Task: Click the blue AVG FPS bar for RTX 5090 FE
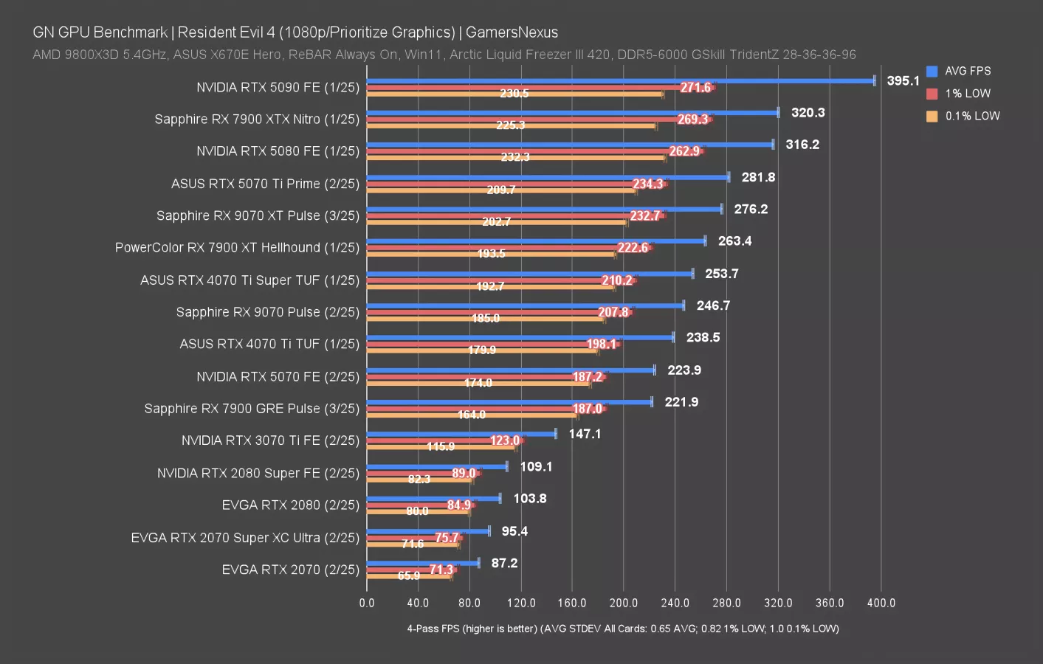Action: coord(620,80)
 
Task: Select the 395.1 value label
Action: coord(903,80)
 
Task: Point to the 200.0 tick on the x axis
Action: coord(624,603)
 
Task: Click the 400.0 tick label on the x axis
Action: coord(881,603)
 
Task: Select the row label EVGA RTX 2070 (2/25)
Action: coord(290,570)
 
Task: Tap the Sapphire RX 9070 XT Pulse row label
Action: coord(258,215)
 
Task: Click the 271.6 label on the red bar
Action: coord(695,88)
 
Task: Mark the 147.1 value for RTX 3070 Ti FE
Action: coord(585,434)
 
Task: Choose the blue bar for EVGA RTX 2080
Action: coord(433,498)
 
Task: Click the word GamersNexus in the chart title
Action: coord(512,32)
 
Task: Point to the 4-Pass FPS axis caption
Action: coord(622,629)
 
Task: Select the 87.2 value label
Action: coord(504,563)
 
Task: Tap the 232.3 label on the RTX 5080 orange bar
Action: coord(514,157)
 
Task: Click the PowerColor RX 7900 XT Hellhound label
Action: coord(237,247)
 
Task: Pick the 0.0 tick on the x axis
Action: coord(367,603)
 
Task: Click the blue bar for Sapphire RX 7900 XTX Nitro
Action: coord(572,113)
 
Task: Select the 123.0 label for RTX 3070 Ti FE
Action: coord(505,440)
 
